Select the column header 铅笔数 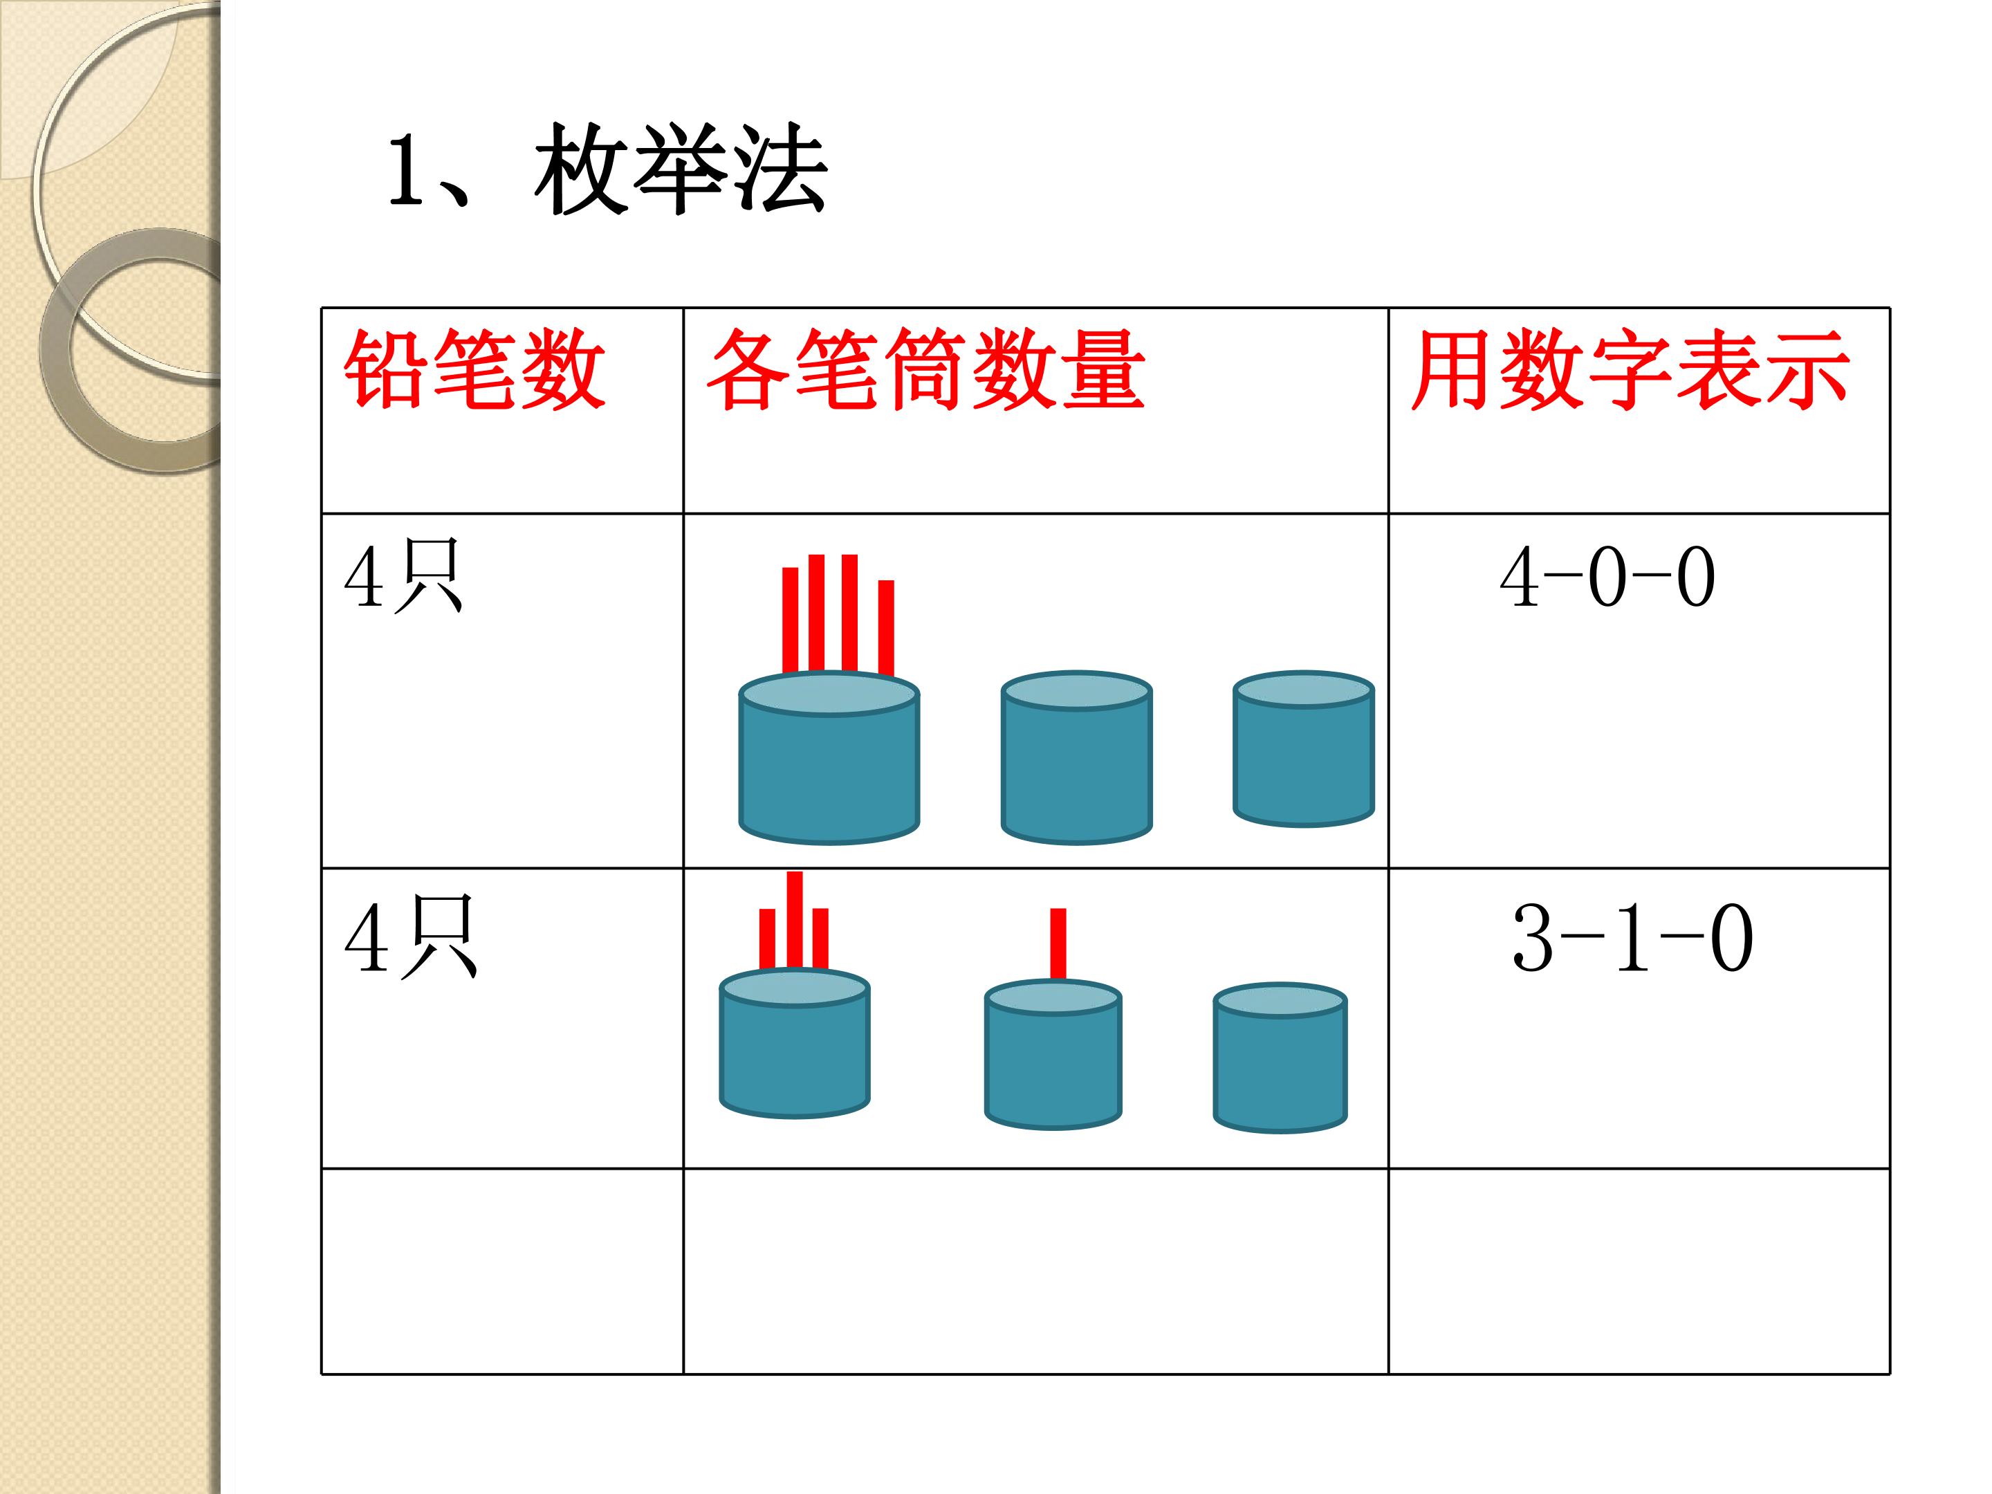click(474, 369)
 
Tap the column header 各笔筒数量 click(925, 369)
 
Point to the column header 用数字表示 click(1631, 369)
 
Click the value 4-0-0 click(1607, 578)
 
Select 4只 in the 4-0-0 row click(403, 576)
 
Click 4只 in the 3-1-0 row click(411, 937)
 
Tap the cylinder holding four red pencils click(829, 757)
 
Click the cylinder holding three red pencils click(794, 1044)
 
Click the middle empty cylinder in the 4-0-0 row click(1076, 757)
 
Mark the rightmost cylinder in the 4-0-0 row click(1303, 748)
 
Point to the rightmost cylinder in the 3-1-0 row click(1280, 1058)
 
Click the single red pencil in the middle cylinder click(1058, 943)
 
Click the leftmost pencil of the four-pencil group click(791, 620)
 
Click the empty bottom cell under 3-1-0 click(1639, 1271)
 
